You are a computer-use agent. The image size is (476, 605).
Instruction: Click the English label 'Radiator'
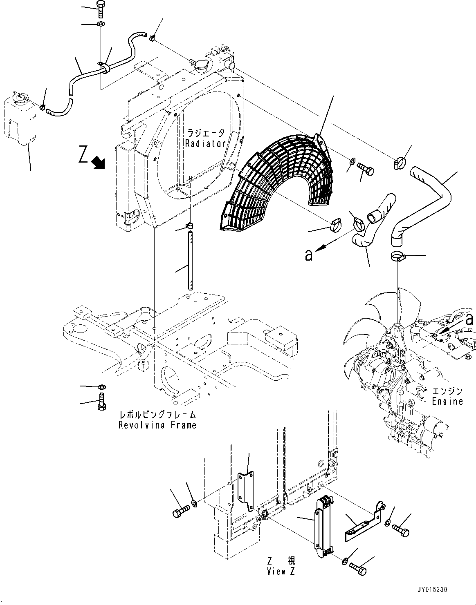[205, 143]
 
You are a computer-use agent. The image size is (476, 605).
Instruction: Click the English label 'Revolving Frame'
[157, 425]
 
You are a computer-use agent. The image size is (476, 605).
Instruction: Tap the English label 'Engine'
[447, 401]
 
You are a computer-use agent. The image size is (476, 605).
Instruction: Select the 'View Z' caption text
[281, 572]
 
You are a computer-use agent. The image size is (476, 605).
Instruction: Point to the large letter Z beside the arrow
[83, 156]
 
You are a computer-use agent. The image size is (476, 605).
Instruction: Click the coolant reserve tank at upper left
[19, 118]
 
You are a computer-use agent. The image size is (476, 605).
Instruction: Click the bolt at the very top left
[101, 9]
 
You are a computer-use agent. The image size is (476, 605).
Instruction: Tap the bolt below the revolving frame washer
[101, 401]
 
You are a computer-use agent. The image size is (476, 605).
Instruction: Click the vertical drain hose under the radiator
[190, 260]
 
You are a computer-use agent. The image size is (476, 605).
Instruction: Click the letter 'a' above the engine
[470, 317]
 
